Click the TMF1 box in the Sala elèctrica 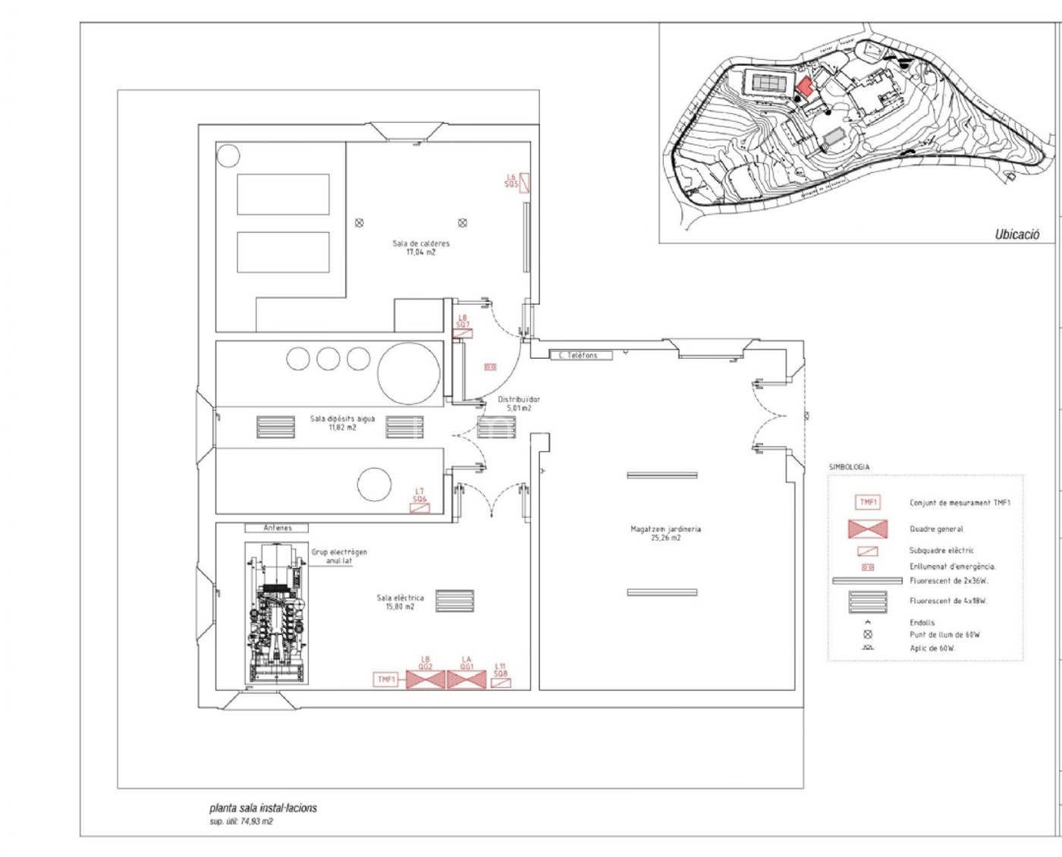pos(386,680)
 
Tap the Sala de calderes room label pos(421,248)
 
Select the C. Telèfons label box pos(580,355)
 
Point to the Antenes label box pos(278,528)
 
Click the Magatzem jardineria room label pos(665,533)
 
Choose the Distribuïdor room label pos(519,403)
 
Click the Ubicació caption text pos(1016,234)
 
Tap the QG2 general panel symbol pos(426,680)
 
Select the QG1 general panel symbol pos(467,680)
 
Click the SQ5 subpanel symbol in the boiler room pos(524,183)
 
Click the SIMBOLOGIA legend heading pos(849,467)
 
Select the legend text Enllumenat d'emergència pos(952,567)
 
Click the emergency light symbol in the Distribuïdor pos(490,367)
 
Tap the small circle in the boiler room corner pos(228,156)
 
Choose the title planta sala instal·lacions pos(263,808)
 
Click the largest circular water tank pos(409,372)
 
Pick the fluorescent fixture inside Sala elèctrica pos(454,601)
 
